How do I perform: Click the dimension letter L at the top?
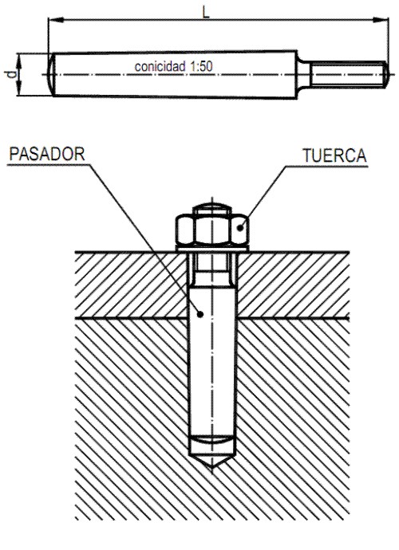click(206, 12)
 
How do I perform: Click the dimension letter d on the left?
click(11, 74)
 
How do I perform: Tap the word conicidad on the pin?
click(160, 66)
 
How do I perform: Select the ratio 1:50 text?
click(201, 66)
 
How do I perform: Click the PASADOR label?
click(47, 155)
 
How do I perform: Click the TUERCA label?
click(334, 155)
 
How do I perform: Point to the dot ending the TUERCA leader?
click(240, 228)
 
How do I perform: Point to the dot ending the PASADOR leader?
click(200, 314)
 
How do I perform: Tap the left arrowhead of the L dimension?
click(56, 20)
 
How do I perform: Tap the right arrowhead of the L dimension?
click(381, 20)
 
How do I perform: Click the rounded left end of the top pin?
click(51, 74)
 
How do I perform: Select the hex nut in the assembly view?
click(212, 230)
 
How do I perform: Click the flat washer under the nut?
click(212, 249)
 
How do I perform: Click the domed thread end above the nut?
click(212, 208)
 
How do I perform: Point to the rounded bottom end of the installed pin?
click(211, 439)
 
